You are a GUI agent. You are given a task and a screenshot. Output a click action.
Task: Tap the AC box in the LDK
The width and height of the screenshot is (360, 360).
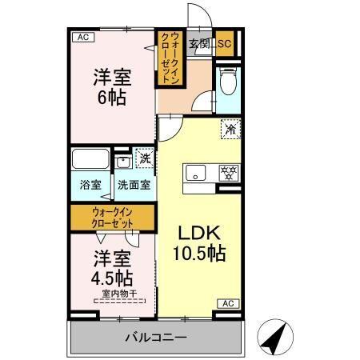point(227,303)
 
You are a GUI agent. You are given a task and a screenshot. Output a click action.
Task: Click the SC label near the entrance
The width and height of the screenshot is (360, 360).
point(224,44)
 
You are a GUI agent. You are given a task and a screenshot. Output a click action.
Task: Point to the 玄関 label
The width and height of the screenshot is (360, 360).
point(199,44)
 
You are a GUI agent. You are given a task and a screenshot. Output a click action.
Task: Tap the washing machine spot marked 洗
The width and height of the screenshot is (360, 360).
point(145,157)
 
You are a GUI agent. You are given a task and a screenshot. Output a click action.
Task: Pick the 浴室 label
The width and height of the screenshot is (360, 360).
point(90,185)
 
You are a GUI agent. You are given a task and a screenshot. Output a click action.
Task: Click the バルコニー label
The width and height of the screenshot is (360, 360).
point(155,337)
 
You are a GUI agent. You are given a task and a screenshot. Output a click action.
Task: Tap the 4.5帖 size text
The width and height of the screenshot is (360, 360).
point(112,278)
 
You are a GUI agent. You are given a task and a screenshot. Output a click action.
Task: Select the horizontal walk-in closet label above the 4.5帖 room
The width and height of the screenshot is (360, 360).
point(112,217)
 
